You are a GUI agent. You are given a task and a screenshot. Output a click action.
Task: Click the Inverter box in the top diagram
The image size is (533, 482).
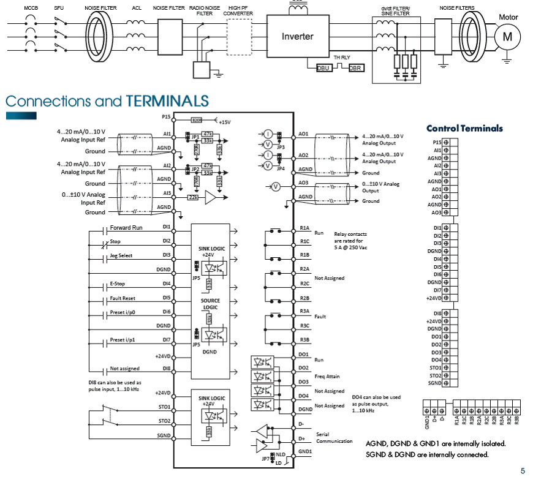point(297,36)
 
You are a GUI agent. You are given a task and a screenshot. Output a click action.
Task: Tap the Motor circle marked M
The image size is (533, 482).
point(507,37)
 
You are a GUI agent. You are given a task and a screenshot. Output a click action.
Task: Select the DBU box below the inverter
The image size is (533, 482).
point(323,68)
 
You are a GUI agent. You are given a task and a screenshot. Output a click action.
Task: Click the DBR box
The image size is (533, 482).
point(355,68)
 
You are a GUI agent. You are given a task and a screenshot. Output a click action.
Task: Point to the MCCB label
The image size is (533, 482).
point(30,7)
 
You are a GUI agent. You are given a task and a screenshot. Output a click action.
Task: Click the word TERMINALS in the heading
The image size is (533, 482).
point(167,100)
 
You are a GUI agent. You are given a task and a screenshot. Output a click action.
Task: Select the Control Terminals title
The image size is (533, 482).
point(464,129)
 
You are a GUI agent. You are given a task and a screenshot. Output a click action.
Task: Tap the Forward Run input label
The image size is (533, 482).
point(126,227)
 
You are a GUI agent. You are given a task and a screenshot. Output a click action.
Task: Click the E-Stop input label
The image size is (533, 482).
point(117,284)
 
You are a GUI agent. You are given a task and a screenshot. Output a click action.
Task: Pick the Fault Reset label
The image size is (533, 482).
point(123,298)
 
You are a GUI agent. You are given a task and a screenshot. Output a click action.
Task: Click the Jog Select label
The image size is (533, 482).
point(121,255)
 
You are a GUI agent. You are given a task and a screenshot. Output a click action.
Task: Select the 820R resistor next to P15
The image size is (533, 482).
point(197,120)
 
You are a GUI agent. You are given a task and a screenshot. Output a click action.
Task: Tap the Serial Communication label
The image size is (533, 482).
point(334,438)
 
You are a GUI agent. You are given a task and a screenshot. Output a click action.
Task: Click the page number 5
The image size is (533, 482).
point(523,471)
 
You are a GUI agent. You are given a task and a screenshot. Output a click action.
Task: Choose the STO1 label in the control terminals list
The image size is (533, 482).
point(435,368)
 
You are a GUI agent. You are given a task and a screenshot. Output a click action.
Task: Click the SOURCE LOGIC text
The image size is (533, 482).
point(210,304)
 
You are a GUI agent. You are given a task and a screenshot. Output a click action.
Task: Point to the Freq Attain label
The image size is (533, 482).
point(327,377)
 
